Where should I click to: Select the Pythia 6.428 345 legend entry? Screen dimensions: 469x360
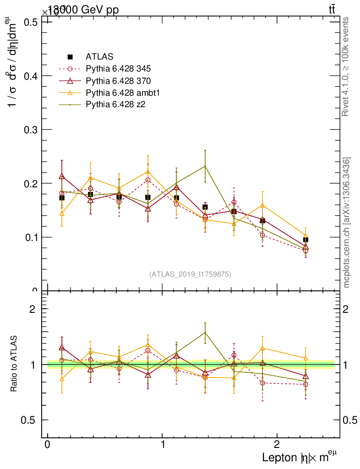[x=118, y=69]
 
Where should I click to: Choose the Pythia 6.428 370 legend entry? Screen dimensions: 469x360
[x=118, y=81]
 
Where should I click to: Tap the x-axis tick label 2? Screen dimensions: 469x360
[x=277, y=446]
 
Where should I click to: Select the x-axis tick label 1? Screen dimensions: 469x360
[x=163, y=446]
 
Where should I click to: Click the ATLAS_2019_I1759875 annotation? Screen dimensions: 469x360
[x=190, y=274]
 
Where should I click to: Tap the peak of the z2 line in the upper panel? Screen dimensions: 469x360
[x=205, y=166]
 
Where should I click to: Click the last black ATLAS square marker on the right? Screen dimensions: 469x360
[x=305, y=240]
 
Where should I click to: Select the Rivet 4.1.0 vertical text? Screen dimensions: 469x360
[x=346, y=66]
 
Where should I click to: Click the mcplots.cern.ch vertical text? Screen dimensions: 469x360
[x=347, y=222]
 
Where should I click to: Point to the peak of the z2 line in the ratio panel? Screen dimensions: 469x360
[x=205, y=333]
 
